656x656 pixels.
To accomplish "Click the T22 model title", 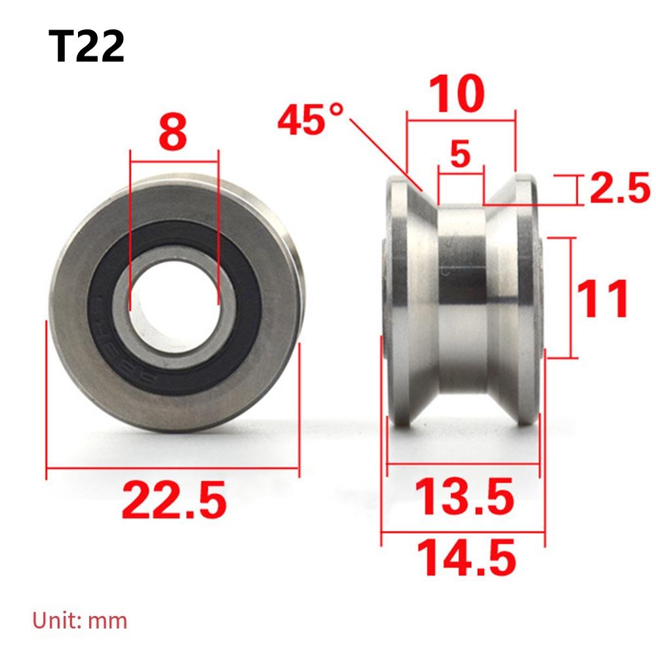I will coord(86,47).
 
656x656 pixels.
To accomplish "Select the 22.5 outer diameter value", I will coord(174,499).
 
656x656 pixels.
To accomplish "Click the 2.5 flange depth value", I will coord(619,190).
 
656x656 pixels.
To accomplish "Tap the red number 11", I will coord(604,299).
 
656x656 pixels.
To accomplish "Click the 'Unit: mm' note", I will coord(80,620).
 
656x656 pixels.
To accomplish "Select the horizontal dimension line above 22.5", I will coord(173,469).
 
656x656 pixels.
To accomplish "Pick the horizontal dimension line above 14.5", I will coord(463,533).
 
